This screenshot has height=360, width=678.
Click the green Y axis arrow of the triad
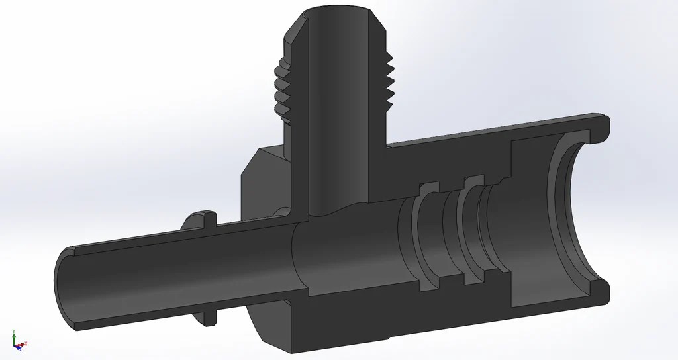(x=14, y=334)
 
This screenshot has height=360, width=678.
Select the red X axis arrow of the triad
(x=24, y=343)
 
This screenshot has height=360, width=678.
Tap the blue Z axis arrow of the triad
(x=19, y=345)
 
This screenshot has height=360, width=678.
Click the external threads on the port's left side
(x=280, y=90)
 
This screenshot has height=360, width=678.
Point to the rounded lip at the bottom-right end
(x=599, y=291)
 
